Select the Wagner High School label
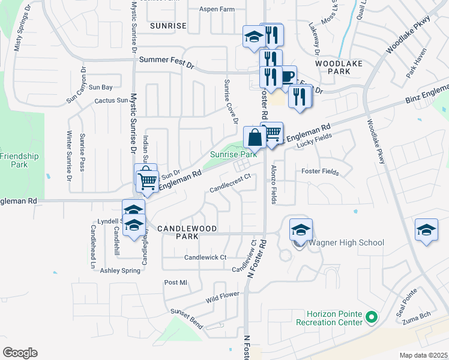[x=346, y=243]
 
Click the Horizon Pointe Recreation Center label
[x=334, y=318]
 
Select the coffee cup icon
[x=286, y=77]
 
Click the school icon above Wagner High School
[x=301, y=230]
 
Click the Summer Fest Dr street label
[x=167, y=60]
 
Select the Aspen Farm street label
[x=218, y=10]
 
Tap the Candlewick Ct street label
[x=205, y=257]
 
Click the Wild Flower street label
[x=223, y=295]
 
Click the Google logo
[x=20, y=353]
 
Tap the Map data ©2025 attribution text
[x=423, y=355]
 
